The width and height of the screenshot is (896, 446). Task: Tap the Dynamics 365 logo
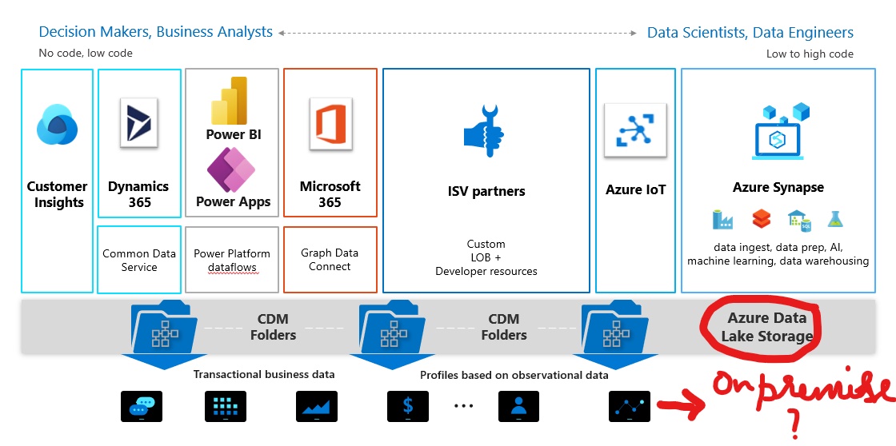138,122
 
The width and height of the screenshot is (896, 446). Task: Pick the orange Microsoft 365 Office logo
330,122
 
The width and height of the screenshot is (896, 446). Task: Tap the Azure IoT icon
635,129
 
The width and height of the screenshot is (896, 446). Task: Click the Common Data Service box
139,260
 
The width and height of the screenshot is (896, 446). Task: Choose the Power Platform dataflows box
232,260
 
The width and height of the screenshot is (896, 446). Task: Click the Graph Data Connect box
330,260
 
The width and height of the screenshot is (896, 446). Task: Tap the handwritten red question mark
794,423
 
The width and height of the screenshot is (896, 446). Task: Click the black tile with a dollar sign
409,406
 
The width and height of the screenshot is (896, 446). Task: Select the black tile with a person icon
519,406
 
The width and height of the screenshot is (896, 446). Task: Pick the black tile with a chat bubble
142,406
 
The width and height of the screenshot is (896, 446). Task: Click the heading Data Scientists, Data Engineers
750,33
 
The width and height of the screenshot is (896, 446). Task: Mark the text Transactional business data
264,374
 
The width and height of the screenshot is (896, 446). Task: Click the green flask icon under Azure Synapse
836,218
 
